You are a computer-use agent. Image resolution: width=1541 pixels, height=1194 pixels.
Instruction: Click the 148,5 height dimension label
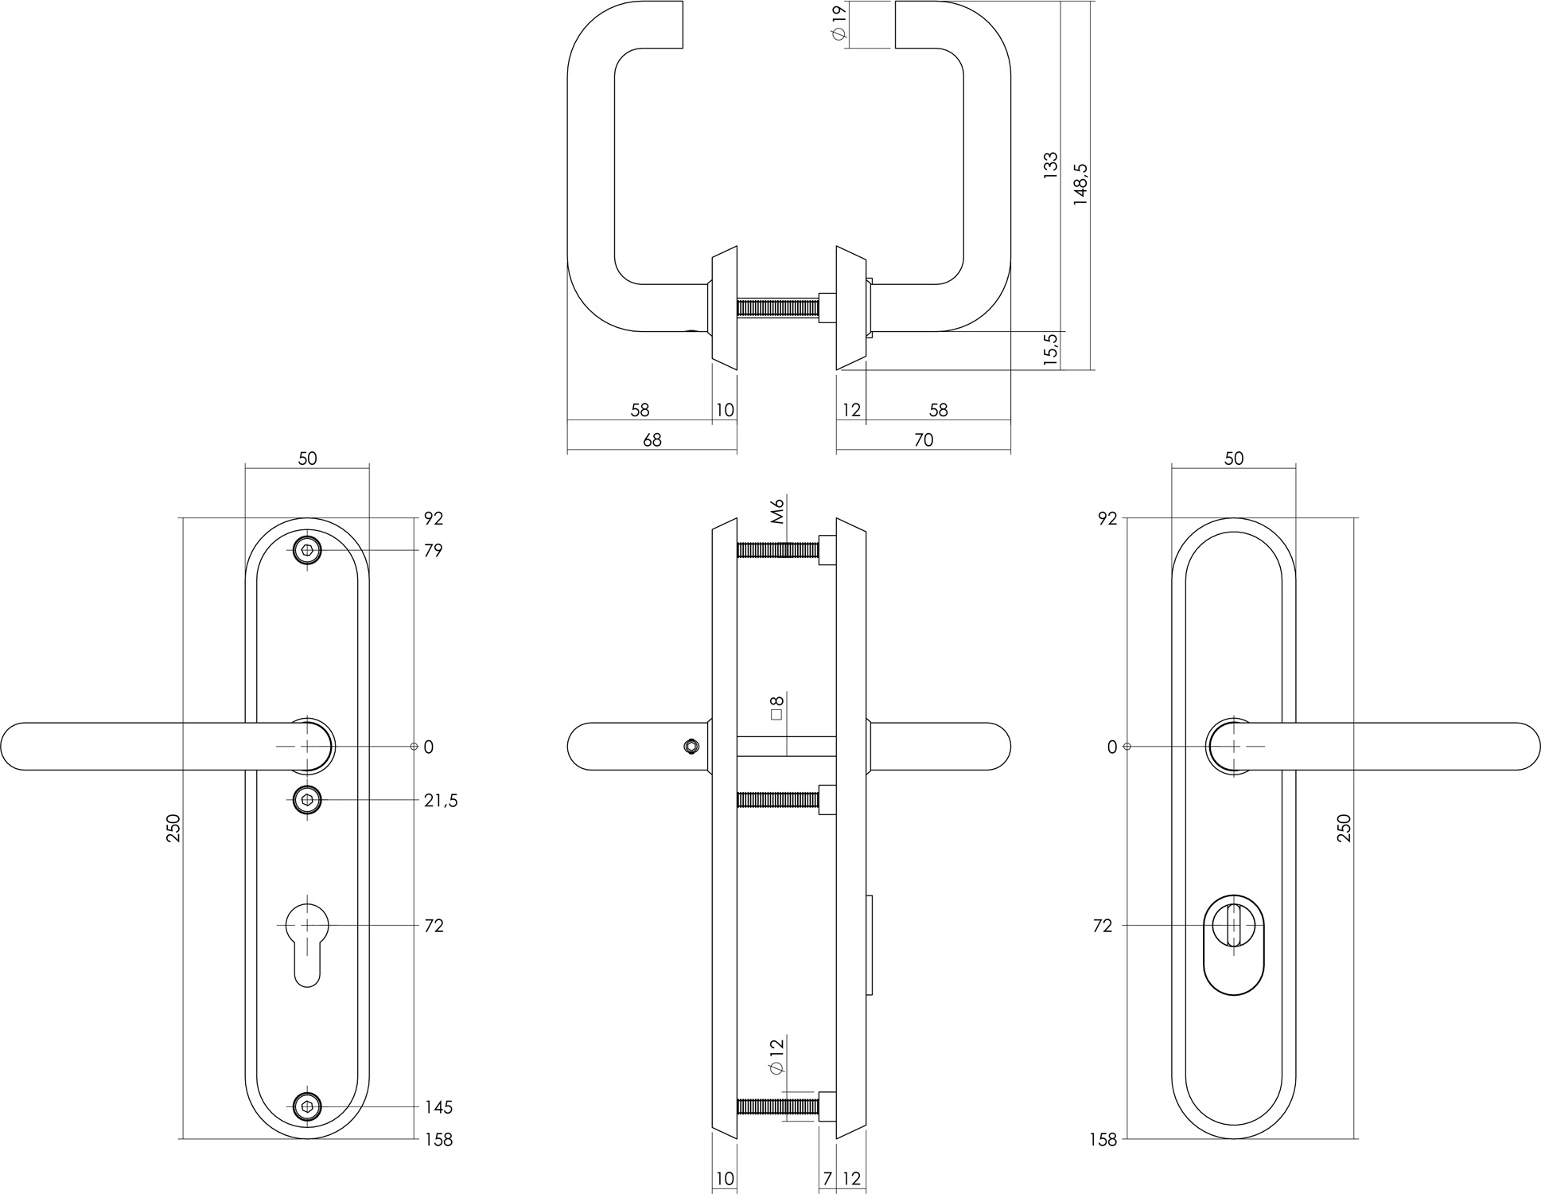[1080, 185]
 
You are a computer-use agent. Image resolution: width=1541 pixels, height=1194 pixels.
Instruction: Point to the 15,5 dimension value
[1050, 349]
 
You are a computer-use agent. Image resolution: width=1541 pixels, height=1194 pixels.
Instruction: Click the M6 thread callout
[778, 510]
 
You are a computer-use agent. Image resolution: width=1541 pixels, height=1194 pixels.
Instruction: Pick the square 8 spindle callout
[777, 708]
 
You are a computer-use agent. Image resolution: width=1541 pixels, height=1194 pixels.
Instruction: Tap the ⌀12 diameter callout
[777, 1056]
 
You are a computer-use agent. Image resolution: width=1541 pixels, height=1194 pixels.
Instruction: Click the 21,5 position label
[441, 801]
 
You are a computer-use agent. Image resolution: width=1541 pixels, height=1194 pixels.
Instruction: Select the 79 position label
[433, 551]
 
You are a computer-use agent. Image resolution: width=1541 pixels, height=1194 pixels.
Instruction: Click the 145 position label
[438, 1107]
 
